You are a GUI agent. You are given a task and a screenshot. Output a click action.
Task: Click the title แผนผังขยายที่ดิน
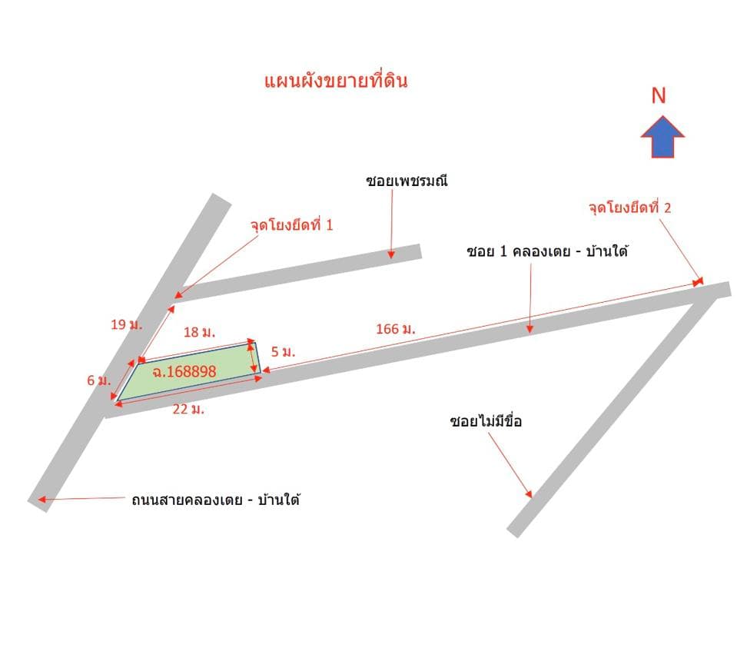coord(336,81)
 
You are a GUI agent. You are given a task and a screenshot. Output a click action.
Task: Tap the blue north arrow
coord(662,136)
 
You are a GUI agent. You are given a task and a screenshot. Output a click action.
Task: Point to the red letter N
coord(659,95)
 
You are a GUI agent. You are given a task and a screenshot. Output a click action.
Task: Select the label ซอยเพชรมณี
coord(407,181)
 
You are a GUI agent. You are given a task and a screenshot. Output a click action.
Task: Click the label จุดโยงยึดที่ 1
coord(291,224)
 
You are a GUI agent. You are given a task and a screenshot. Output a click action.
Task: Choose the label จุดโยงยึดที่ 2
coord(630,208)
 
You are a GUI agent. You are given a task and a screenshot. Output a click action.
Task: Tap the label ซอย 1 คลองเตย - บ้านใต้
coord(547,251)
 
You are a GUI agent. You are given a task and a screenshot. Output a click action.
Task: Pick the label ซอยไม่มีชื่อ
coord(486,420)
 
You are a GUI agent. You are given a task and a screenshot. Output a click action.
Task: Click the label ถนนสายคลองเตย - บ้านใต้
coord(216,499)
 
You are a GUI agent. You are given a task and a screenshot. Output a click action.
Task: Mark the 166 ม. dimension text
coord(396,329)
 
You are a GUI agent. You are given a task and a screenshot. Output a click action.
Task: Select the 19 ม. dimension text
coord(127,324)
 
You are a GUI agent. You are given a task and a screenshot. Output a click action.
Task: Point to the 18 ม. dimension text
coord(199,332)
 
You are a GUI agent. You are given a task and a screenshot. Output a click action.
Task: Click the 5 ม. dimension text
coord(284,352)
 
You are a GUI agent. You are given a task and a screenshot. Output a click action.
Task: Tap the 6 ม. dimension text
coord(98,380)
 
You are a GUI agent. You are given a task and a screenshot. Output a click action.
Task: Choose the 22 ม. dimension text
coord(188,410)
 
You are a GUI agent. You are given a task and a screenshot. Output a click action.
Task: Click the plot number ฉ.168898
coord(184,372)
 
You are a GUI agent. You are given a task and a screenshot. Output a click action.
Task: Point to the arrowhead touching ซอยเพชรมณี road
coord(391,255)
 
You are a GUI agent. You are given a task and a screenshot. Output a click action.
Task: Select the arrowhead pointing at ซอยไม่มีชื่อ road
coord(530,494)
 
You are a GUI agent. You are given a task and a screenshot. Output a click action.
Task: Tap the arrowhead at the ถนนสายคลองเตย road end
coord(41,500)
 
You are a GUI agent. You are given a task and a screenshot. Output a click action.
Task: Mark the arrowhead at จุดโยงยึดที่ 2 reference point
coord(699,281)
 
